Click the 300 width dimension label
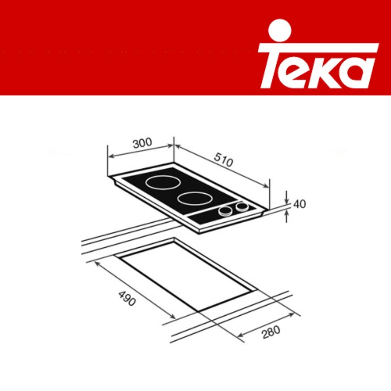pyautogui.click(x=142, y=144)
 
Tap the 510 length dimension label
pyautogui.click(x=223, y=160)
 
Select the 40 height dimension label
pyautogui.click(x=299, y=204)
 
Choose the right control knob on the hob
pyautogui.click(x=241, y=207)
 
